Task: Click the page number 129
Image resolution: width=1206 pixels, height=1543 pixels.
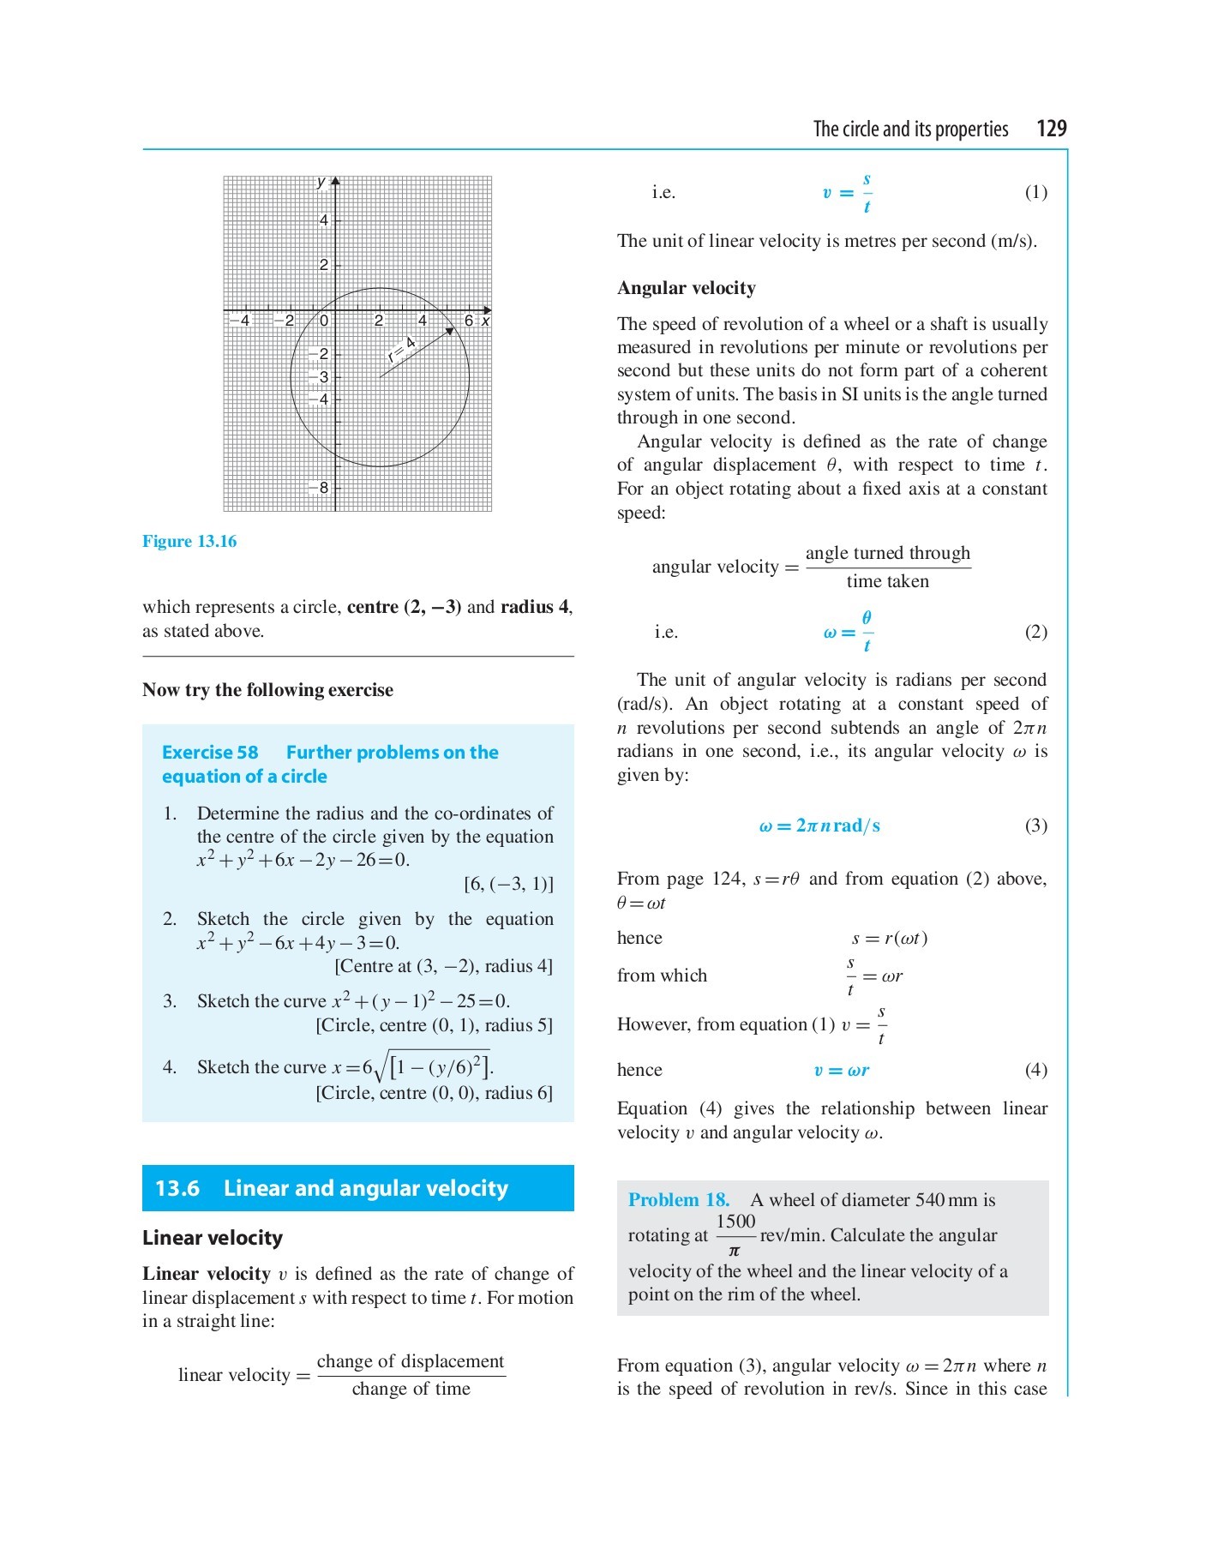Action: point(1051,129)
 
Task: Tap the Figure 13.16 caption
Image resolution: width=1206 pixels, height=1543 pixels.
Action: point(189,542)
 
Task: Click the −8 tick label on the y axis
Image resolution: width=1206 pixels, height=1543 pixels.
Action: point(321,488)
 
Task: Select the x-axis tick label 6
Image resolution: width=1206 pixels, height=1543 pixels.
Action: point(469,321)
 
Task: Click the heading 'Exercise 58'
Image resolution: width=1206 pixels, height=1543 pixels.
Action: point(210,753)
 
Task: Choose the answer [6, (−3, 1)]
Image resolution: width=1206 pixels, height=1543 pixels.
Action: point(508,884)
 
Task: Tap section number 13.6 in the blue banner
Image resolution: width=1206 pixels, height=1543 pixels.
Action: point(177,1188)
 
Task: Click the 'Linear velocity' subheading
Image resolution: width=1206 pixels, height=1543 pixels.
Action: point(213,1238)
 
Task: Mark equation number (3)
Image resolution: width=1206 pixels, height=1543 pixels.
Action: point(1035,826)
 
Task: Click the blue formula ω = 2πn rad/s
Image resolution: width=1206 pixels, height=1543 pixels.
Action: point(819,826)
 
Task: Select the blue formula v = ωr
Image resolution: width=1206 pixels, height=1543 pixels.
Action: point(841,1070)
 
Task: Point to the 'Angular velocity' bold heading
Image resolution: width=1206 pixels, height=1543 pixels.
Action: point(687,288)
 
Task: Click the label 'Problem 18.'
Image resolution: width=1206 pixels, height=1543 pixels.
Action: point(679,1200)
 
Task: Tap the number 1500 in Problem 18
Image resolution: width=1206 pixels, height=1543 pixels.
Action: point(735,1222)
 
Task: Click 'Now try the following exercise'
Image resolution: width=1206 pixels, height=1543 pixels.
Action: point(267,690)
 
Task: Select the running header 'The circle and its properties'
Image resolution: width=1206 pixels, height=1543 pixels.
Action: point(910,129)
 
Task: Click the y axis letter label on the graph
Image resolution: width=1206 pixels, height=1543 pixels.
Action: point(321,182)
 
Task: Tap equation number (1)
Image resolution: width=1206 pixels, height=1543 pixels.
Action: point(1035,192)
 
